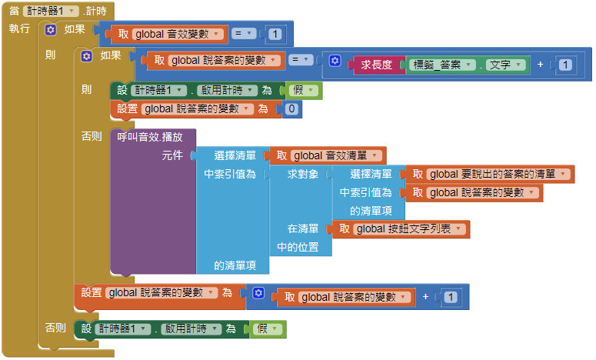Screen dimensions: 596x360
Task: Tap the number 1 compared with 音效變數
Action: tap(275, 34)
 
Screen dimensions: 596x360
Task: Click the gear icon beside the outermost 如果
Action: tap(51, 30)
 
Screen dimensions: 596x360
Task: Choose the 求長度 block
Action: tap(377, 65)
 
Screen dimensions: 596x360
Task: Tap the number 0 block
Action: tap(291, 109)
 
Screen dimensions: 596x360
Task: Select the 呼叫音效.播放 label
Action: tap(149, 137)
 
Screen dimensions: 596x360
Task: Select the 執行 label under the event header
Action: tap(19, 28)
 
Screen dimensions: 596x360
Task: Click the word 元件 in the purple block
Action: tap(172, 155)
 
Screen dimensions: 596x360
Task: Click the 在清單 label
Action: tap(303, 228)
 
